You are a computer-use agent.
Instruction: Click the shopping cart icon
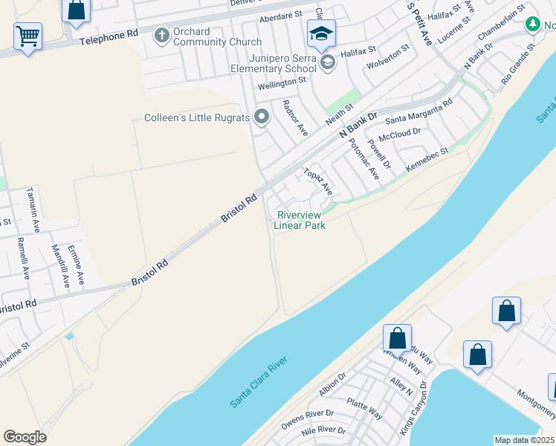click(28, 35)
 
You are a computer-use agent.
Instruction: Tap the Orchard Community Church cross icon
click(161, 35)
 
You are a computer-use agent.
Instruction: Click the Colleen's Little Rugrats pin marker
click(261, 117)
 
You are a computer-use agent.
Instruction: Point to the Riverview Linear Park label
click(300, 219)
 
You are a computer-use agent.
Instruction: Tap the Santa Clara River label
click(258, 381)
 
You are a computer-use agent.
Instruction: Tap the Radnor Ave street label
click(294, 117)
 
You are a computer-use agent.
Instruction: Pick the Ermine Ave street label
click(76, 263)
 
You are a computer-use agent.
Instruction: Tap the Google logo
click(25, 437)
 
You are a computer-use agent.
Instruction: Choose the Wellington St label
click(282, 83)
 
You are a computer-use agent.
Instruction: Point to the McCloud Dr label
click(400, 135)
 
